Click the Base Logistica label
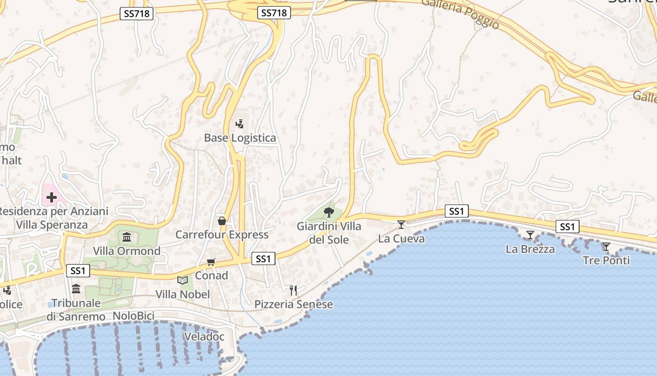(x=240, y=138)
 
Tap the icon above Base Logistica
(x=240, y=124)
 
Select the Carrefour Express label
(x=222, y=235)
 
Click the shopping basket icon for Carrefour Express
(x=222, y=221)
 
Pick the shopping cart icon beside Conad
(x=211, y=262)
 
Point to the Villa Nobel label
(x=183, y=294)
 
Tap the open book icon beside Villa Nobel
(x=183, y=281)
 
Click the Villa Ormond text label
(x=127, y=251)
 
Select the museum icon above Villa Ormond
(x=127, y=237)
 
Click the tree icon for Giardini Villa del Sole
(x=329, y=212)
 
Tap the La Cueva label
(x=401, y=238)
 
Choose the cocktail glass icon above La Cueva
(x=401, y=225)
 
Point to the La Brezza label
(x=530, y=249)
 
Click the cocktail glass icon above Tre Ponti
(x=606, y=246)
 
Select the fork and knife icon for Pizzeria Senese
(x=293, y=290)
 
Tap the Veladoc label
(x=204, y=337)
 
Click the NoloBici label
(x=133, y=316)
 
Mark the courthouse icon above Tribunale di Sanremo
(x=76, y=289)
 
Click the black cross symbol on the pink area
(x=52, y=197)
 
